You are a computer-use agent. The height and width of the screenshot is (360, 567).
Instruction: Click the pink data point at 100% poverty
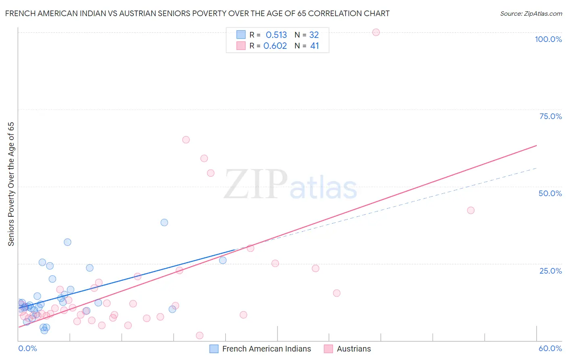(376, 32)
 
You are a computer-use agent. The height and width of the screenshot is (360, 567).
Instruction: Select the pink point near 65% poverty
(186, 140)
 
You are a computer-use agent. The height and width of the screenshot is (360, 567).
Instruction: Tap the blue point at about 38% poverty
(164, 222)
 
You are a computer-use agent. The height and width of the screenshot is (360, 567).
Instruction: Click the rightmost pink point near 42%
(471, 210)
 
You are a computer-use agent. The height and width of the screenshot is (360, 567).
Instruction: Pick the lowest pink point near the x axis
(199, 335)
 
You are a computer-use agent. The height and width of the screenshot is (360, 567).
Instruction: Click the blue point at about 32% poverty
(67, 242)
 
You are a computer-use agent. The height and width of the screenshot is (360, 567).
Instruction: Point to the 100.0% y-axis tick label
(548, 39)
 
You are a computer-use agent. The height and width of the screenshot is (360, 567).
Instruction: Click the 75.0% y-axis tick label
(550, 116)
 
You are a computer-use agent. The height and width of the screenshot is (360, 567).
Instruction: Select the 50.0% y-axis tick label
(550, 193)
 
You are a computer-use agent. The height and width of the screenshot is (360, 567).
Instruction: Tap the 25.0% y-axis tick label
(550, 271)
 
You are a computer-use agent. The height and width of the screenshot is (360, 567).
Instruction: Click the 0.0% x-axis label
(27, 348)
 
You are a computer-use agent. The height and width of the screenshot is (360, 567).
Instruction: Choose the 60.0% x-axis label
(550, 348)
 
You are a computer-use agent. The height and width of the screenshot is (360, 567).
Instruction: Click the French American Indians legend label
(267, 349)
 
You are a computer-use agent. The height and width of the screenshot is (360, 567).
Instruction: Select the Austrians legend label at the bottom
(354, 349)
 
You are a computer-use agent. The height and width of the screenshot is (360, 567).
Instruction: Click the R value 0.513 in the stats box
(276, 35)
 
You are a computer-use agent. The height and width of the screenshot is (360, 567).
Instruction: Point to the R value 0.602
(275, 46)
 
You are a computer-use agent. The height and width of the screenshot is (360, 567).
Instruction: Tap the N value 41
(315, 46)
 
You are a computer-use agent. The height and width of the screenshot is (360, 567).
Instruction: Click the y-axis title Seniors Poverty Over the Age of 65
(11, 184)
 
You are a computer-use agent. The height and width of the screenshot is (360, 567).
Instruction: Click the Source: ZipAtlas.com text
(531, 14)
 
